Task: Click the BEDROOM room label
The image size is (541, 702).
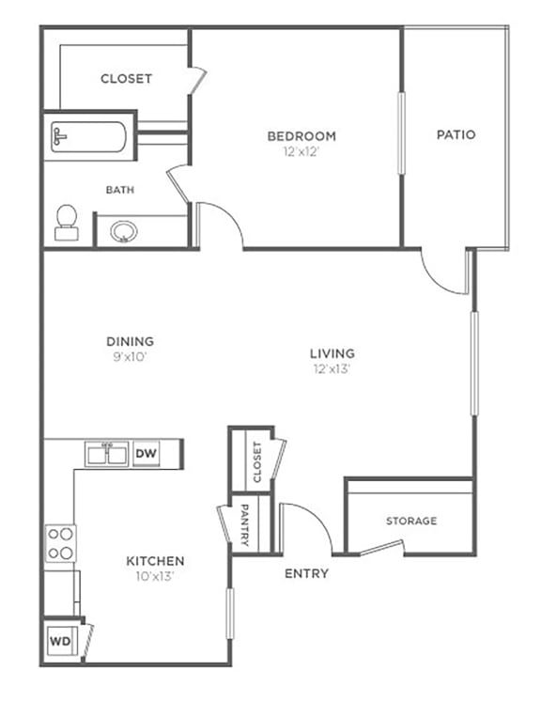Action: pyautogui.click(x=301, y=135)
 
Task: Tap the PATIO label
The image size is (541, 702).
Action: pyautogui.click(x=456, y=134)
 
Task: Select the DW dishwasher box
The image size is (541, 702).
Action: pyautogui.click(x=145, y=454)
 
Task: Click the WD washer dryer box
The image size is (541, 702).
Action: pyautogui.click(x=60, y=644)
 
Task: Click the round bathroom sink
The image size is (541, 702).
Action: pyautogui.click(x=122, y=230)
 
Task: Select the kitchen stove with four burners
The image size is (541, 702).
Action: pyautogui.click(x=60, y=542)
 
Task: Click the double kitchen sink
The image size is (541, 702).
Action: pyautogui.click(x=108, y=455)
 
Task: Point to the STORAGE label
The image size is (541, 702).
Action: pyautogui.click(x=411, y=521)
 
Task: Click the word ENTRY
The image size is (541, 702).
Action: pyautogui.click(x=306, y=573)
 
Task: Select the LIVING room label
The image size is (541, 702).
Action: pyautogui.click(x=332, y=354)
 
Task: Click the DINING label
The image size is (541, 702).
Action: pyautogui.click(x=131, y=341)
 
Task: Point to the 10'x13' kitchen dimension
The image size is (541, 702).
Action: pyautogui.click(x=155, y=576)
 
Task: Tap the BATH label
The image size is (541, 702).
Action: pyautogui.click(x=119, y=190)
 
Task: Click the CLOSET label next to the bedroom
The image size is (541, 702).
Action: pyautogui.click(x=126, y=79)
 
